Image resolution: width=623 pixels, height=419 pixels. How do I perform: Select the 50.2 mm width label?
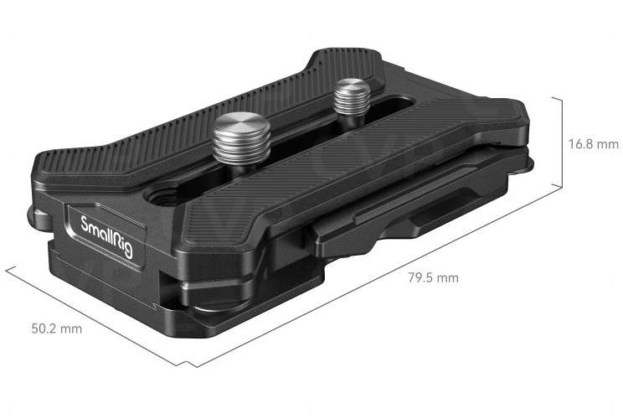tap(57, 328)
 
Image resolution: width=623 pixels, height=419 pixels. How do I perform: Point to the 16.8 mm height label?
tap(593, 144)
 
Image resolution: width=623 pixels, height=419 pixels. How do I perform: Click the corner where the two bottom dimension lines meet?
tap(193, 365)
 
